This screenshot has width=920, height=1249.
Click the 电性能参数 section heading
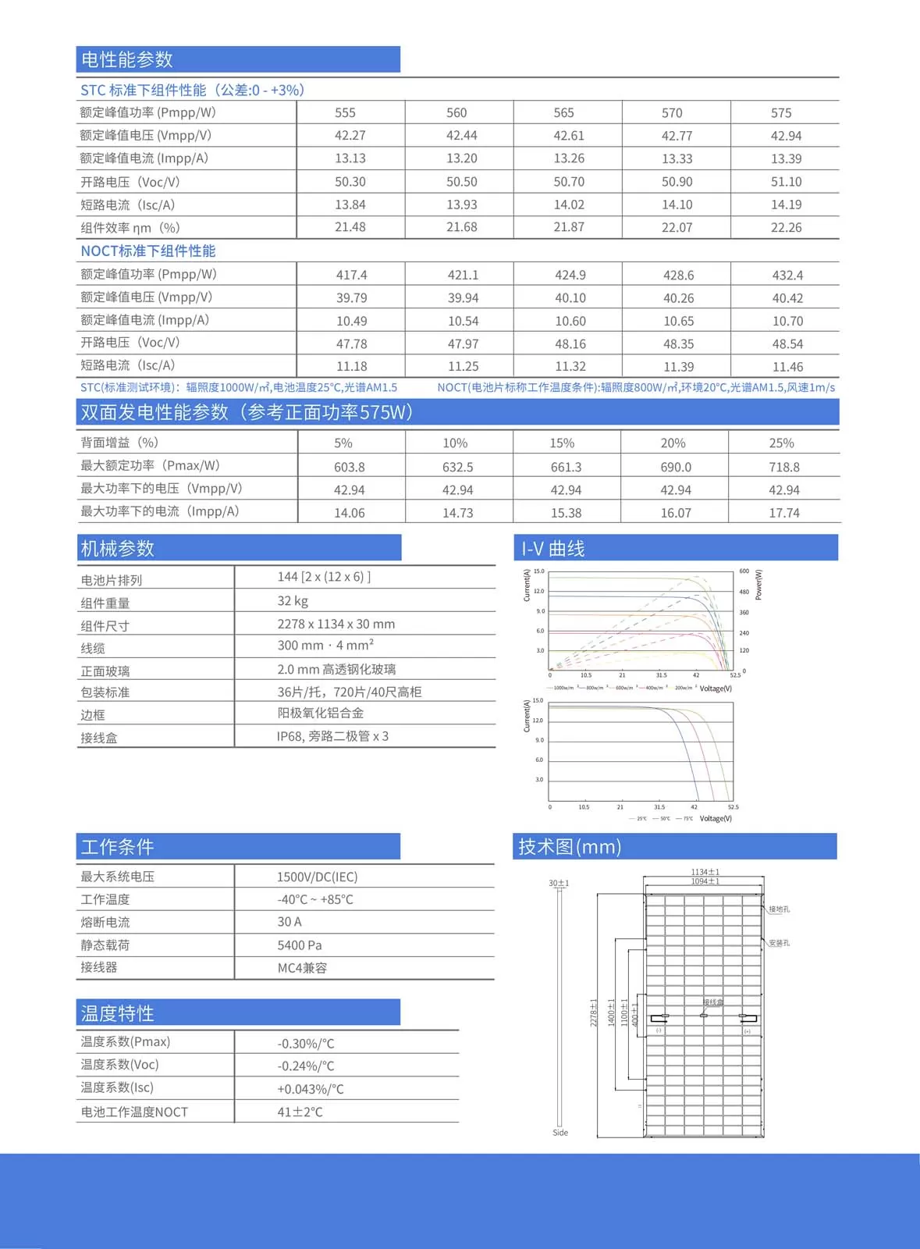pyautogui.click(x=127, y=60)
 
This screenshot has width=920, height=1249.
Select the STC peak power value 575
pyautogui.click(x=780, y=113)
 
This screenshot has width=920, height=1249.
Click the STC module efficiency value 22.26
pyautogui.click(x=786, y=228)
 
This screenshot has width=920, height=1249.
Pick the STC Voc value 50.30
pyautogui.click(x=350, y=182)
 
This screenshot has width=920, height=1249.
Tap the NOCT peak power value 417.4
pyautogui.click(x=351, y=276)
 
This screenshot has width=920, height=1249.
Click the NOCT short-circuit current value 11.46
pyautogui.click(x=787, y=367)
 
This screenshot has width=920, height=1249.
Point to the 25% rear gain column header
pyautogui.click(x=781, y=443)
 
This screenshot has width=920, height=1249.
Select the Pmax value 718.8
pyautogui.click(x=783, y=468)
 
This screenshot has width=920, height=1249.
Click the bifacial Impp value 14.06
pyautogui.click(x=349, y=513)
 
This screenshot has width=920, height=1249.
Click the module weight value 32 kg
pyautogui.click(x=293, y=601)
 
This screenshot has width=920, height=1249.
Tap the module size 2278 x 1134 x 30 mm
pyautogui.click(x=336, y=624)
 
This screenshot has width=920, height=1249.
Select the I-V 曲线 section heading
pyautogui.click(x=553, y=549)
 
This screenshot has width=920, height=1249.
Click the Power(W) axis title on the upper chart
pyautogui.click(x=758, y=585)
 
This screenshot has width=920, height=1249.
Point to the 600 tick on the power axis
pyautogui.click(x=744, y=571)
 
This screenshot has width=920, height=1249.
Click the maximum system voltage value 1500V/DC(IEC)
pyautogui.click(x=317, y=877)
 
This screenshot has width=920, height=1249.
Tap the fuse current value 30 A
pyautogui.click(x=289, y=923)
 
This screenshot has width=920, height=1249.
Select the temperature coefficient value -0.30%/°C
pyautogui.click(x=306, y=1044)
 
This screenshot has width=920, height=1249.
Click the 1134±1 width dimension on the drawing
pyautogui.click(x=705, y=872)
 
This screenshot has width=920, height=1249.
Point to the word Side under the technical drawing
pyautogui.click(x=560, y=1133)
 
